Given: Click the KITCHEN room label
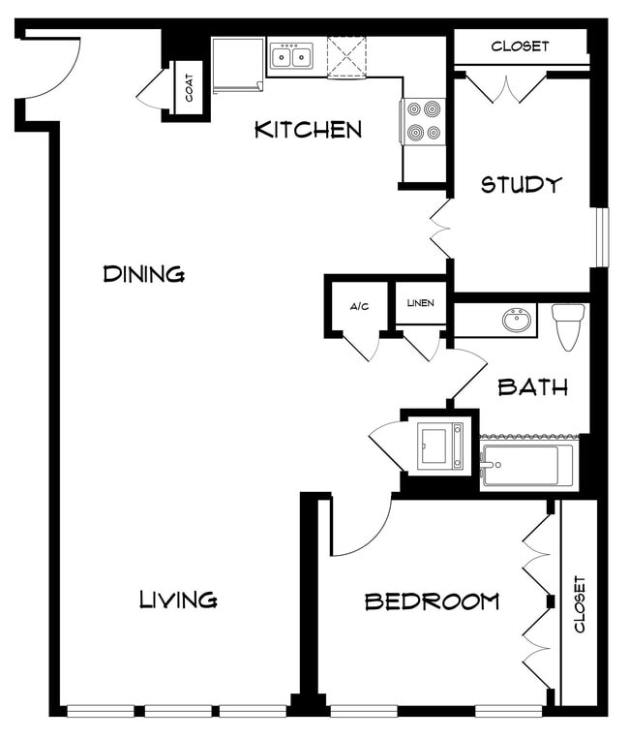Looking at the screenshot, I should (x=308, y=130).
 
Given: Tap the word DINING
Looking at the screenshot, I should (x=144, y=274).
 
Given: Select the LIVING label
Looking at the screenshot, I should (x=177, y=600).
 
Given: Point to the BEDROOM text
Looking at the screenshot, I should (x=432, y=601).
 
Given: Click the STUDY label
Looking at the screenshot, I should (x=521, y=184).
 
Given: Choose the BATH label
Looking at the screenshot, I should (x=532, y=387).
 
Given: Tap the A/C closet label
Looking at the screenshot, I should (x=359, y=306).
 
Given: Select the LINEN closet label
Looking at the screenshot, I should (x=421, y=303).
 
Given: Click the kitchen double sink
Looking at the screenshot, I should (x=291, y=57).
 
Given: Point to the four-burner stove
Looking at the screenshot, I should (x=424, y=121).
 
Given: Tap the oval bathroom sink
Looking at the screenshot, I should (x=519, y=321).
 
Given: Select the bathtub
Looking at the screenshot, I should (x=526, y=466).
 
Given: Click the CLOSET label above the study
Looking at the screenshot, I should (x=520, y=46).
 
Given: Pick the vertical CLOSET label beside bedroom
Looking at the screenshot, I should (x=580, y=604).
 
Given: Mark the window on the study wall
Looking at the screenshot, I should (x=601, y=236).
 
